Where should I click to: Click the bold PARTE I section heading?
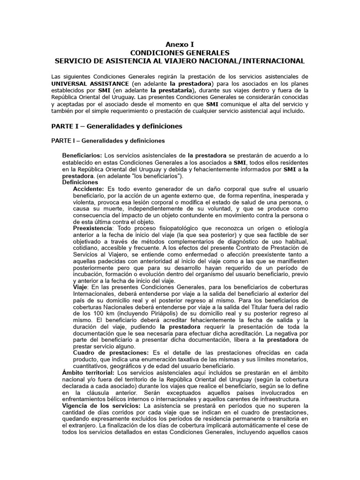[x=116, y=126]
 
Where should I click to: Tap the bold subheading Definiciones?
[x=80, y=182]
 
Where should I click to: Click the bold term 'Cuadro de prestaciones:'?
[x=111, y=352]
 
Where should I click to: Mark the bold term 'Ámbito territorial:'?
[x=89, y=372]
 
